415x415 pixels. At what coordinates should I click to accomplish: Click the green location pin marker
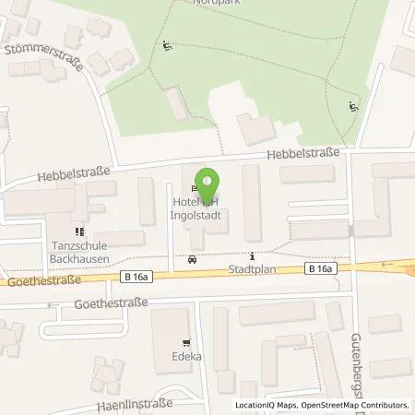pyautogui.click(x=208, y=179)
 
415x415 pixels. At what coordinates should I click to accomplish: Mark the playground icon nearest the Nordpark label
pyautogui.click(x=167, y=46)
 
